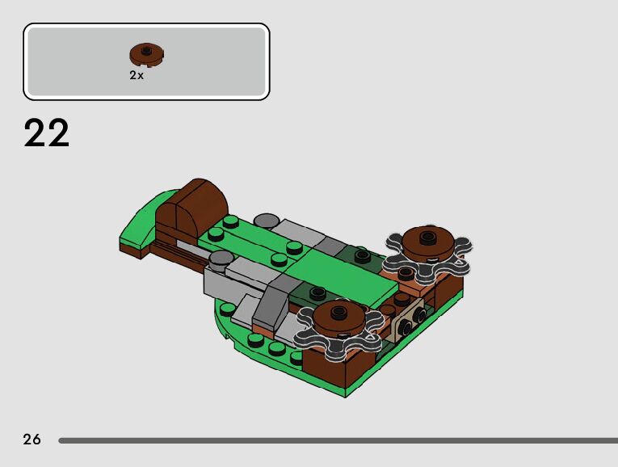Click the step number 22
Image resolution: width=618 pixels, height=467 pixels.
(47, 133)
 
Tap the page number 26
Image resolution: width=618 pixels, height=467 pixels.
(32, 439)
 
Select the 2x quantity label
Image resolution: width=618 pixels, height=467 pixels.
(137, 75)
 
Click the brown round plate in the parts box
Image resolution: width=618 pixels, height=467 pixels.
(146, 54)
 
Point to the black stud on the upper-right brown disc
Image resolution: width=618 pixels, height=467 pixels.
(427, 237)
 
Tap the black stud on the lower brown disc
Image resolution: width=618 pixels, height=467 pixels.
(338, 312)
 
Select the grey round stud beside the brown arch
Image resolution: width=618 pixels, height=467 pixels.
(266, 221)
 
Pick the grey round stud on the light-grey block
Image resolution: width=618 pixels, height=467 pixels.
(221, 259)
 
